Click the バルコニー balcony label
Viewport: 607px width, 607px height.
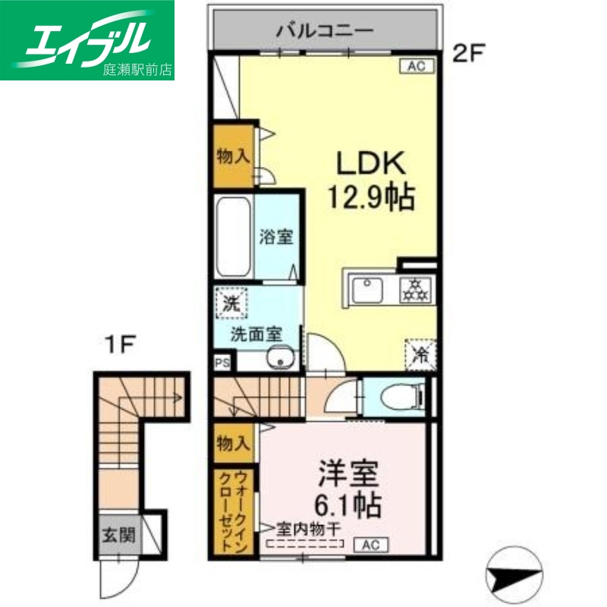point(324,31)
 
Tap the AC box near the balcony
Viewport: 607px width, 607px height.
point(417,67)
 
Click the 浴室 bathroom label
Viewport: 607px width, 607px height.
point(276,237)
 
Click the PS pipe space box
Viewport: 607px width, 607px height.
point(222,363)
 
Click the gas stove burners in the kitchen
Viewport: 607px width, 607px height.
point(415,288)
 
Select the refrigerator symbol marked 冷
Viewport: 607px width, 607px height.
point(420,352)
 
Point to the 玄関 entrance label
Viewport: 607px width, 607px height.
point(118,537)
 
